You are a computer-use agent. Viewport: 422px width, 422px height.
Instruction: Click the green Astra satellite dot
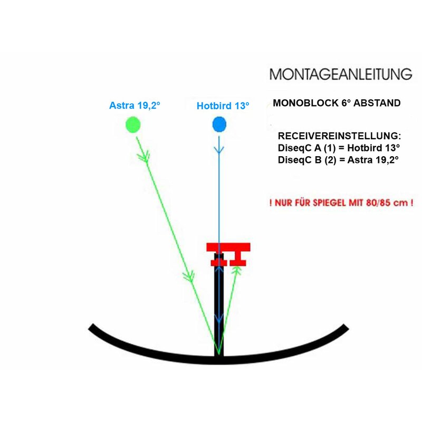133,124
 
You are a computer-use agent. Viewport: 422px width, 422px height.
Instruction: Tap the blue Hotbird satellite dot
219,124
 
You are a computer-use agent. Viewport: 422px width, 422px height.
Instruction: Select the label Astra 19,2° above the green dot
135,105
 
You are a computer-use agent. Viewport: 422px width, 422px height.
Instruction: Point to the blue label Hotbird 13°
223,106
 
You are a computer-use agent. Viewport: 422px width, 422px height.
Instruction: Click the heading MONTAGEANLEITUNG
341,74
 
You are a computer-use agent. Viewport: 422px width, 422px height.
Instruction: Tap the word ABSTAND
377,103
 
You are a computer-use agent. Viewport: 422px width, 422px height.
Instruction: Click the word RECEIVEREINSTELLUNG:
339,136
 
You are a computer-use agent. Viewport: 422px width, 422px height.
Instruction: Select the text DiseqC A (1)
307,148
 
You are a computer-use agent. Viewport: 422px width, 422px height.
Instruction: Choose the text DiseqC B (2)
307,160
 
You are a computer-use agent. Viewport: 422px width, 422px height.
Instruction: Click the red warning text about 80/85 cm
341,203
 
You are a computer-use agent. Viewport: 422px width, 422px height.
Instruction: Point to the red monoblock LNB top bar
228,247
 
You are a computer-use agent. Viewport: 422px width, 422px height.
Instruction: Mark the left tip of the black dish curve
90,326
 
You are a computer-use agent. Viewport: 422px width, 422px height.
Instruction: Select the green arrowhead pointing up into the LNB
237,270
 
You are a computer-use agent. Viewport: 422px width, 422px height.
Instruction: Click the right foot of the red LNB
238,262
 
